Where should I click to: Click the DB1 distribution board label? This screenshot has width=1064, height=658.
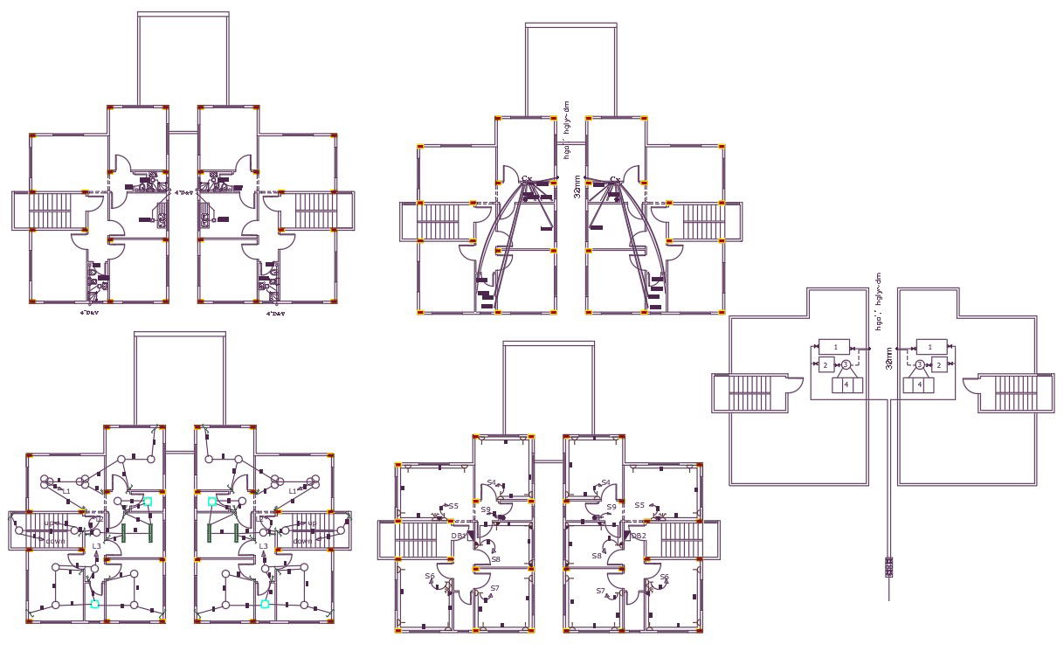(458, 536)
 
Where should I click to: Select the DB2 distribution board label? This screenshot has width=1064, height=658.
(638, 536)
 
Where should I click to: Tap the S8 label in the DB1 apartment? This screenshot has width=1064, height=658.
(495, 559)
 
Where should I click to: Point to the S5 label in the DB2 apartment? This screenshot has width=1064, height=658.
(639, 505)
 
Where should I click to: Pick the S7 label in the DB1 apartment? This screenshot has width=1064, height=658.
(494, 588)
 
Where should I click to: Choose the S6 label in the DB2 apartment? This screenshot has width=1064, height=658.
(664, 577)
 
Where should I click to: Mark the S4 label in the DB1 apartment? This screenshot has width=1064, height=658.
(492, 482)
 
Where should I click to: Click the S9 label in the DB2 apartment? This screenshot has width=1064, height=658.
(611, 507)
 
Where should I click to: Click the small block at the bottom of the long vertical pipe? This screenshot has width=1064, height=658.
(889, 568)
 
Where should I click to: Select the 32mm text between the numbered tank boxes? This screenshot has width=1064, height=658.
(888, 357)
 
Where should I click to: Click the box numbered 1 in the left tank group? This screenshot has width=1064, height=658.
(834, 347)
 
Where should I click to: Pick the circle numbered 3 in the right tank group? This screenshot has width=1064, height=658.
(919, 364)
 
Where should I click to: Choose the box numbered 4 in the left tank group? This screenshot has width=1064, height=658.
(846, 384)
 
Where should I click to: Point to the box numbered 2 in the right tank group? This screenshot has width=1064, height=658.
(939, 364)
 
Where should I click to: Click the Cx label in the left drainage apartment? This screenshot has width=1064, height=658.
(527, 180)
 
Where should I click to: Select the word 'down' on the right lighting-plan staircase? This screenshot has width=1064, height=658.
(302, 541)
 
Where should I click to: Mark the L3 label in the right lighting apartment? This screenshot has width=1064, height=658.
(263, 546)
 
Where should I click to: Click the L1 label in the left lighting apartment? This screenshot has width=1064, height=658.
(66, 491)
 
